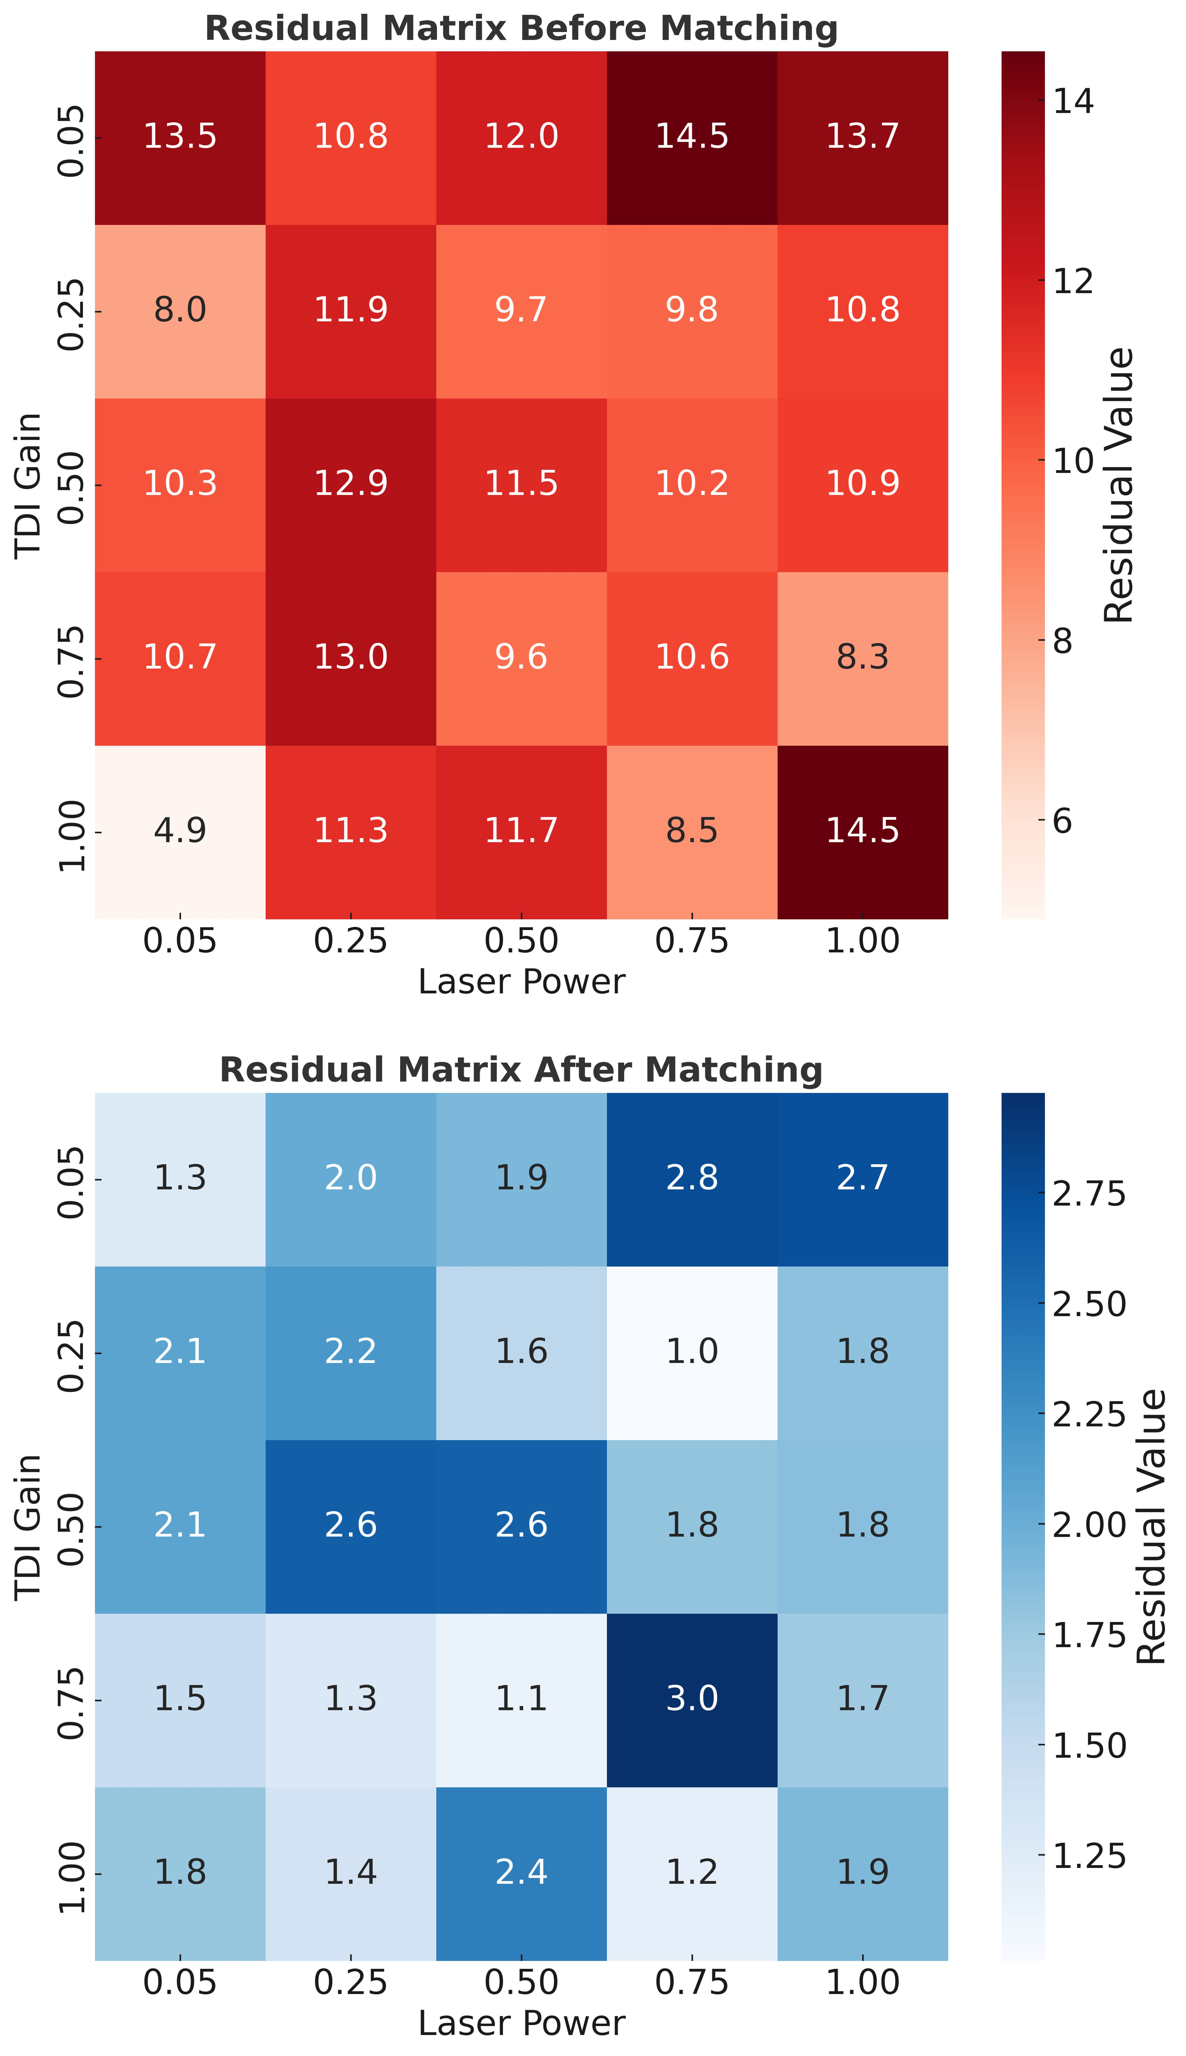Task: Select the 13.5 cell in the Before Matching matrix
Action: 180,136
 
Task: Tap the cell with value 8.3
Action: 863,657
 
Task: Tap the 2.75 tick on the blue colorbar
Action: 1088,1195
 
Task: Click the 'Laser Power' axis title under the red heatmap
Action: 521,982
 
